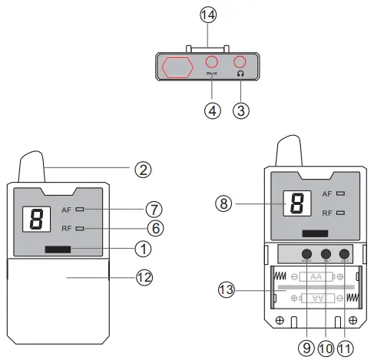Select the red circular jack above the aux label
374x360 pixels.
[x=212, y=63]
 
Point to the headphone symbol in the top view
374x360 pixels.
[x=240, y=74]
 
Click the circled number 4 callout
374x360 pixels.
[x=212, y=110]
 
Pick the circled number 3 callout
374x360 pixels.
[x=241, y=110]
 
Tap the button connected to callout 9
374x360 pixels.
[x=306, y=254]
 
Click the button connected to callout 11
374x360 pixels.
[x=343, y=254]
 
